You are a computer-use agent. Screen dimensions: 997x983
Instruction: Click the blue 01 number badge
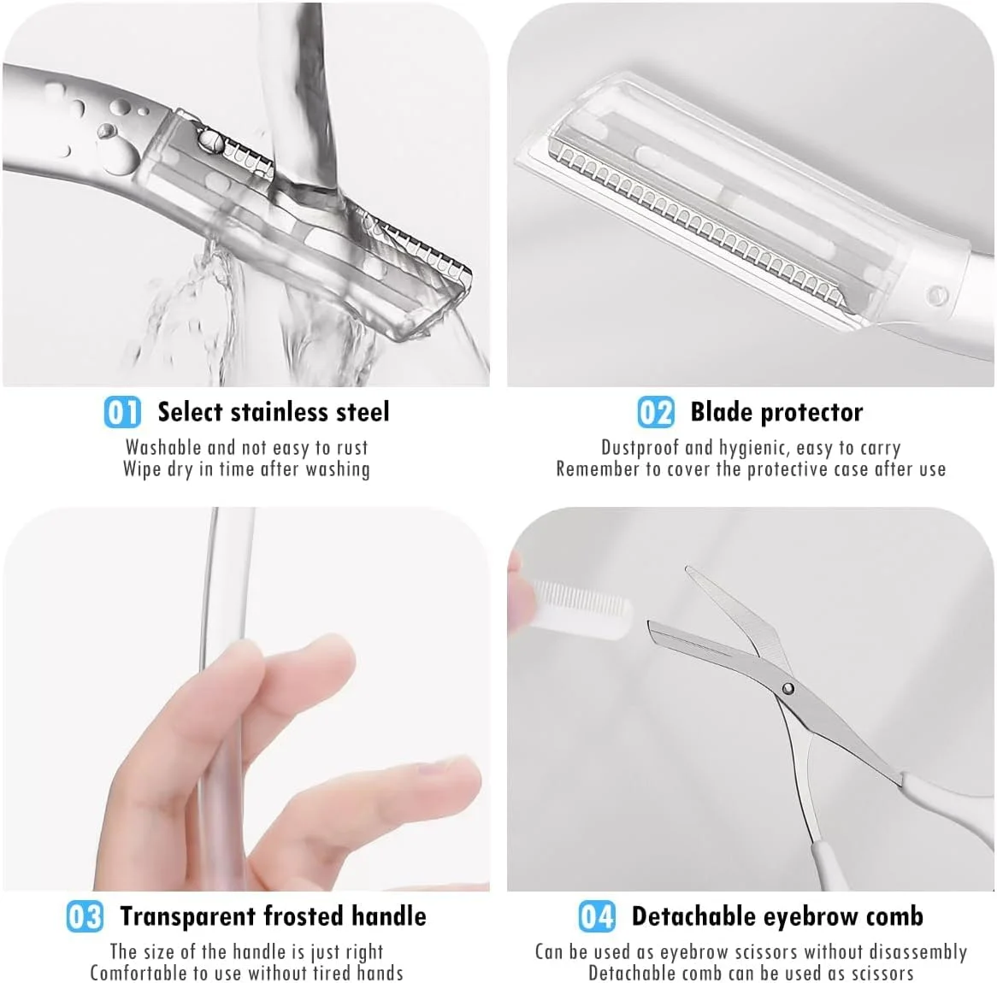[122, 412]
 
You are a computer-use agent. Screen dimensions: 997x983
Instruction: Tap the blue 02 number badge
[656, 412]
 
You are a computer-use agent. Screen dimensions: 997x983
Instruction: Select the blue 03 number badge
[85, 917]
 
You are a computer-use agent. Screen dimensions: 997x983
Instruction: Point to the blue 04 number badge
[597, 917]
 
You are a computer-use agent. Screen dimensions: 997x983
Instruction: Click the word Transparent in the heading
[189, 917]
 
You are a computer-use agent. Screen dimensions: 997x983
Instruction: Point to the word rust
[352, 448]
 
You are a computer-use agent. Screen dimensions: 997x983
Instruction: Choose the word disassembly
[917, 952]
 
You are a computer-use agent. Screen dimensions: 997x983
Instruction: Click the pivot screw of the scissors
[788, 688]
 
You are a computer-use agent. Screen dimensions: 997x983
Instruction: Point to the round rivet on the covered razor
[937, 295]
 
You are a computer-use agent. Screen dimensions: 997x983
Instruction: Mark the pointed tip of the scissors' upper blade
[687, 568]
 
